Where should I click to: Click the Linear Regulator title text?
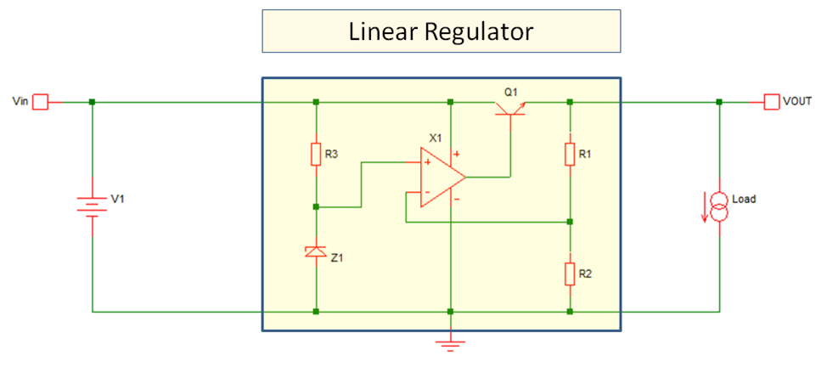click(441, 32)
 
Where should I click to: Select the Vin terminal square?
click(40, 102)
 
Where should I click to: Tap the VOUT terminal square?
click(771, 102)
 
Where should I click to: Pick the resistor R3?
click(316, 154)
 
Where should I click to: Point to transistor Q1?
click(510, 106)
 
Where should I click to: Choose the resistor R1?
click(570, 154)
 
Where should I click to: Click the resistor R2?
click(570, 274)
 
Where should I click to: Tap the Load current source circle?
click(720, 206)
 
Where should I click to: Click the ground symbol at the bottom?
click(451, 342)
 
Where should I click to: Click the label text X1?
click(436, 137)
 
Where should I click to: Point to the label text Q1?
click(509, 88)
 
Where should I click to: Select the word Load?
click(744, 200)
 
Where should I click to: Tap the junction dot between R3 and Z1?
click(316, 206)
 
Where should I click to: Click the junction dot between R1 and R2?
click(570, 223)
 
